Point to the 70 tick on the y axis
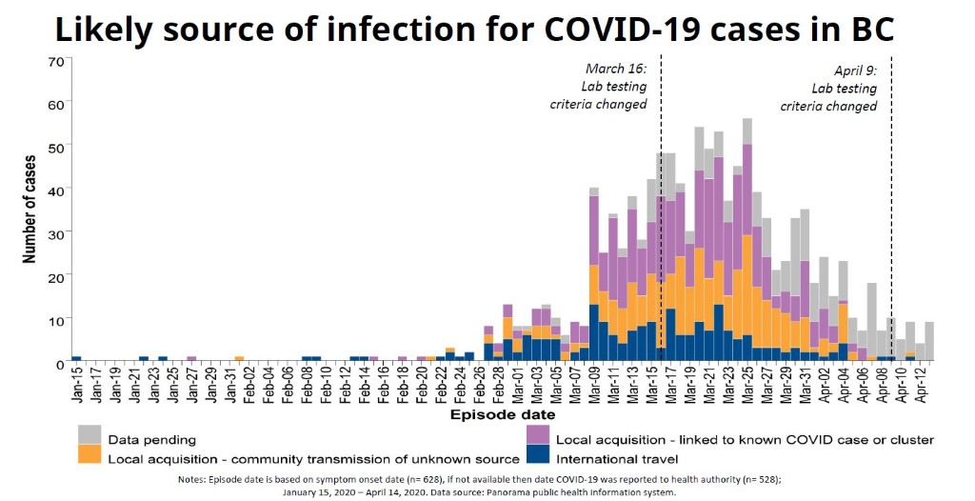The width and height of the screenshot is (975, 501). tap(55, 61)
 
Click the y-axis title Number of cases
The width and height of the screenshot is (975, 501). tap(29, 210)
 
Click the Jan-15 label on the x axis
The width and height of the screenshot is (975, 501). tap(76, 387)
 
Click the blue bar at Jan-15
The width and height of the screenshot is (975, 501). tap(76, 358)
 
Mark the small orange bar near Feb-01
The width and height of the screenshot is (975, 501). tap(239, 358)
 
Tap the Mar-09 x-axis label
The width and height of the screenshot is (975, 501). tap(594, 387)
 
